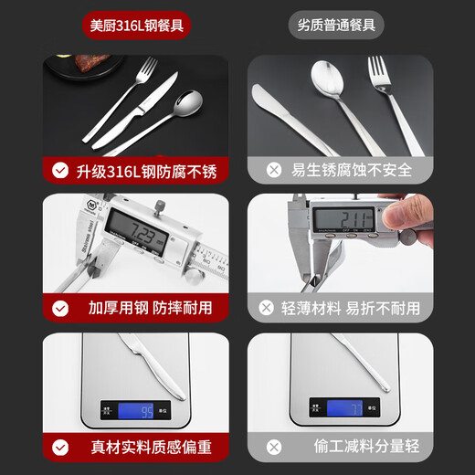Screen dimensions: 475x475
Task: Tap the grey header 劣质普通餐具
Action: [x=337, y=25]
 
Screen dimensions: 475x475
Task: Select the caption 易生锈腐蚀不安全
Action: [x=352, y=170]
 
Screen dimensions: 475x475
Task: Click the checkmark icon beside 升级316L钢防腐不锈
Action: [x=59, y=170]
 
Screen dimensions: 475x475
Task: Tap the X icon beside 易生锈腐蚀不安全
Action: [x=273, y=170]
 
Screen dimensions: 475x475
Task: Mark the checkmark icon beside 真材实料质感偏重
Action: [x=59, y=448]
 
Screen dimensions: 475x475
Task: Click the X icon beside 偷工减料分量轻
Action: [x=273, y=448]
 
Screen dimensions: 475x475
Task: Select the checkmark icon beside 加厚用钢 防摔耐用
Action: [x=59, y=309]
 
